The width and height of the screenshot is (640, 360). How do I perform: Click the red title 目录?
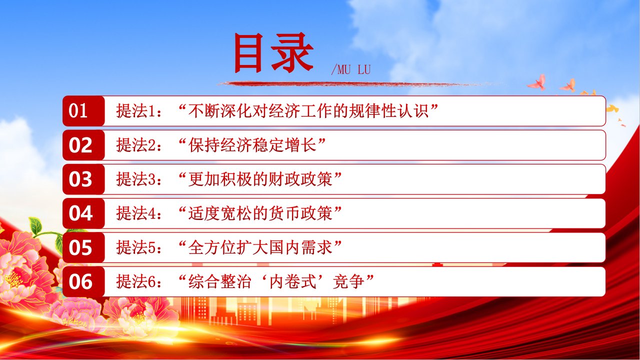tap(273, 52)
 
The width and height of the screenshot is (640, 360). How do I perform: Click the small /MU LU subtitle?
tap(351, 69)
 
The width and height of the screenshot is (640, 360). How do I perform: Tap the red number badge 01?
tap(83, 111)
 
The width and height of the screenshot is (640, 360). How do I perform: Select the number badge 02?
tap(83, 145)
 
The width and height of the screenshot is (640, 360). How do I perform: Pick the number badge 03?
tap(83, 179)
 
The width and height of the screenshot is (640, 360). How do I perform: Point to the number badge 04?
tap(83, 213)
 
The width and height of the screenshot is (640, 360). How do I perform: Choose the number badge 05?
tap(83, 247)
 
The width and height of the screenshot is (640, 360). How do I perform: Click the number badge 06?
tap(83, 281)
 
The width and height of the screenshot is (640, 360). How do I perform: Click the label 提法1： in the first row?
tap(139, 111)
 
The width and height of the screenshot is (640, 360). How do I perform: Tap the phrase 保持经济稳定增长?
tap(252, 145)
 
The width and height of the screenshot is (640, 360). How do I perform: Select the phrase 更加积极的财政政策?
tap(260, 179)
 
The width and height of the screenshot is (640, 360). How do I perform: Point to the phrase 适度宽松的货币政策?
tap(260, 213)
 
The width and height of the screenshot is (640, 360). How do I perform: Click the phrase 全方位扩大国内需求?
tap(260, 247)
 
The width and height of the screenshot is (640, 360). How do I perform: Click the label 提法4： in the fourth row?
tap(139, 213)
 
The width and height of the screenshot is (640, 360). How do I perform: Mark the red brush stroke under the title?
tap(343, 84)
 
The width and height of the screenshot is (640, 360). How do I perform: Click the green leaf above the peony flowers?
tap(35, 225)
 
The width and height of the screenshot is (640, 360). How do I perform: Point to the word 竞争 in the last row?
tap(348, 281)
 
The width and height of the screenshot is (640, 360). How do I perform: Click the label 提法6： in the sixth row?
tap(139, 281)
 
